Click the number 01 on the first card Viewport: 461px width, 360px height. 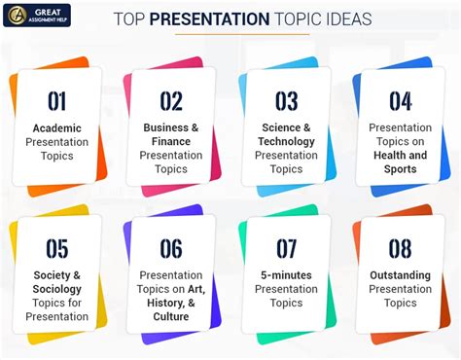[57, 100]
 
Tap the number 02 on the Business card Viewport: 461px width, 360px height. [171, 100]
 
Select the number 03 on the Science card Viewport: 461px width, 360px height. [286, 100]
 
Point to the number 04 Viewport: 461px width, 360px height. [400, 100]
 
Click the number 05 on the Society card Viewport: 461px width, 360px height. [57, 249]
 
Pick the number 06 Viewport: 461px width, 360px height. [171, 249]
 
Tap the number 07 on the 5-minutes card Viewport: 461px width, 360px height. [286, 249]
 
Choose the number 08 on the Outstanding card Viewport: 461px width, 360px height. [400, 249]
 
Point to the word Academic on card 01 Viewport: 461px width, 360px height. [57, 128]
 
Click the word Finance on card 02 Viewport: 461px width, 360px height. [171, 141]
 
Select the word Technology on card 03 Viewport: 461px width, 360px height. [286, 141]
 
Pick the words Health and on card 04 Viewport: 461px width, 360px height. [400, 156]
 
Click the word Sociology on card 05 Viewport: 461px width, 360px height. [57, 289]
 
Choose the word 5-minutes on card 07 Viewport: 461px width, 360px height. [286, 275]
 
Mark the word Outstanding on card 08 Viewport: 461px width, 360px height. [400, 275]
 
